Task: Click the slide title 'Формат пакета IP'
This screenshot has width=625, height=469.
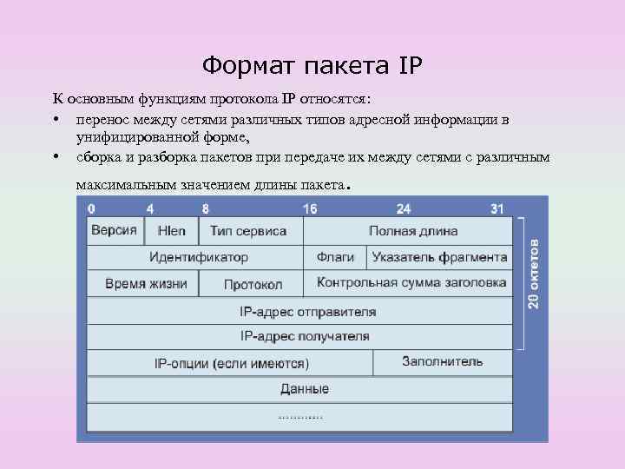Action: [x=312, y=65]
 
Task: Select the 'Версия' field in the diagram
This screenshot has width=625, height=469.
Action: [x=114, y=230]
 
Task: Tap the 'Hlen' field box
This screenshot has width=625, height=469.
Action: [x=171, y=231]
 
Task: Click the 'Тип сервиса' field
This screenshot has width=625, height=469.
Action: [x=248, y=231]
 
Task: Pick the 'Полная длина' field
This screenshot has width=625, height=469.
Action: [x=412, y=231]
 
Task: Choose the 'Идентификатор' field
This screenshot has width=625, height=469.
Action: [x=198, y=257]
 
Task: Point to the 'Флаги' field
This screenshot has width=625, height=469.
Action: [x=334, y=257]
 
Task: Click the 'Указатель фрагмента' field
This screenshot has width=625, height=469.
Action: [x=439, y=257]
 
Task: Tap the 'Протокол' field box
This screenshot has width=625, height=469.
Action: [x=253, y=284]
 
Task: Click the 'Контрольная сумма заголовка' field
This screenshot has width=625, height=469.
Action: [x=411, y=282]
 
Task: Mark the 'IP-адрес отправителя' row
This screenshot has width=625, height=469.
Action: [x=307, y=310]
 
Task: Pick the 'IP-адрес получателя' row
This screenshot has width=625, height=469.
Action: [x=305, y=336]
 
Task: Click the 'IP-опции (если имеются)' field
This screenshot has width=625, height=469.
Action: [x=231, y=363]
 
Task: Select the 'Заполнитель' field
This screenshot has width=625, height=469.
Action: [x=442, y=361]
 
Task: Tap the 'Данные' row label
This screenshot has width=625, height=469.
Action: [x=305, y=388]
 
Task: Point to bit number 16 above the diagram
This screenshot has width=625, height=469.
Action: [x=310, y=208]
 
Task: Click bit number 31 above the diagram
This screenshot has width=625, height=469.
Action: [x=497, y=208]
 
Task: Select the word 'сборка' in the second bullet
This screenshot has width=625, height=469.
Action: [x=98, y=156]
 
